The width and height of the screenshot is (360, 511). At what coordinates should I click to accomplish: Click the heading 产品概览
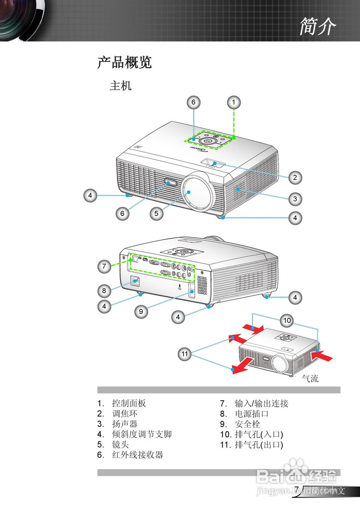click(125, 63)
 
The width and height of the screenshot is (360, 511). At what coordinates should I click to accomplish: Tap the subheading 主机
click(121, 86)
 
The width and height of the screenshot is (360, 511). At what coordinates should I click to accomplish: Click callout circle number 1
click(234, 102)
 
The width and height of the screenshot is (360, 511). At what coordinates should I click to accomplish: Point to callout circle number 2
click(295, 178)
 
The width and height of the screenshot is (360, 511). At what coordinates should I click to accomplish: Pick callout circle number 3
click(295, 198)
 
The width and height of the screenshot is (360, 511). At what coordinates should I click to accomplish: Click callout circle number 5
click(156, 214)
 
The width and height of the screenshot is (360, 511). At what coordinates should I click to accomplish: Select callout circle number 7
click(105, 267)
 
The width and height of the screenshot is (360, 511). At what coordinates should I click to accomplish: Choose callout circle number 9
click(141, 312)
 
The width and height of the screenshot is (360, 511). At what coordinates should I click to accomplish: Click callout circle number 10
click(287, 320)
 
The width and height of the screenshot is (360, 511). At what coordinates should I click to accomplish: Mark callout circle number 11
click(184, 354)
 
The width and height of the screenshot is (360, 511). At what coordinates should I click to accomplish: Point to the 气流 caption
click(310, 379)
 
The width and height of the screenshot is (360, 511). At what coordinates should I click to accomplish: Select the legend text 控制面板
click(129, 404)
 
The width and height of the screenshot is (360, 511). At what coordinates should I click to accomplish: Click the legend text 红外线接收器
click(138, 455)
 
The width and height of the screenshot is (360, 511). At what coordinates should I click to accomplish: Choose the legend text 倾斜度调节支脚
click(142, 434)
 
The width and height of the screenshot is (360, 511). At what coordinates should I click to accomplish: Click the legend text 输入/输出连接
click(261, 404)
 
